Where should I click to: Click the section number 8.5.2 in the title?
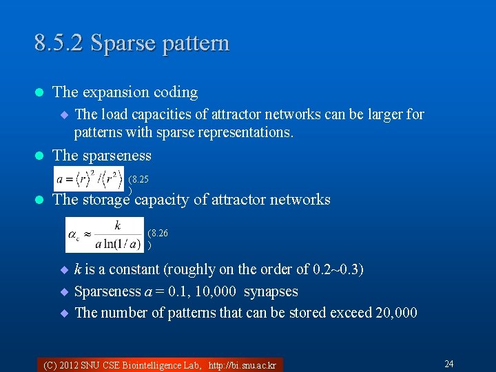59,43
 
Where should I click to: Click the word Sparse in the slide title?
118,43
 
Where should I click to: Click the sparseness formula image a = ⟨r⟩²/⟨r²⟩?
90,178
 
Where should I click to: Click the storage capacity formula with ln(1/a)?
105,234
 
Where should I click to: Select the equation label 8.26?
158,234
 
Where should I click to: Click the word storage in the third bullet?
106,200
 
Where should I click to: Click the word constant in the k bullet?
131,269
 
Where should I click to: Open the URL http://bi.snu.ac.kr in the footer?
242,365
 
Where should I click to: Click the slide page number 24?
448,364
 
